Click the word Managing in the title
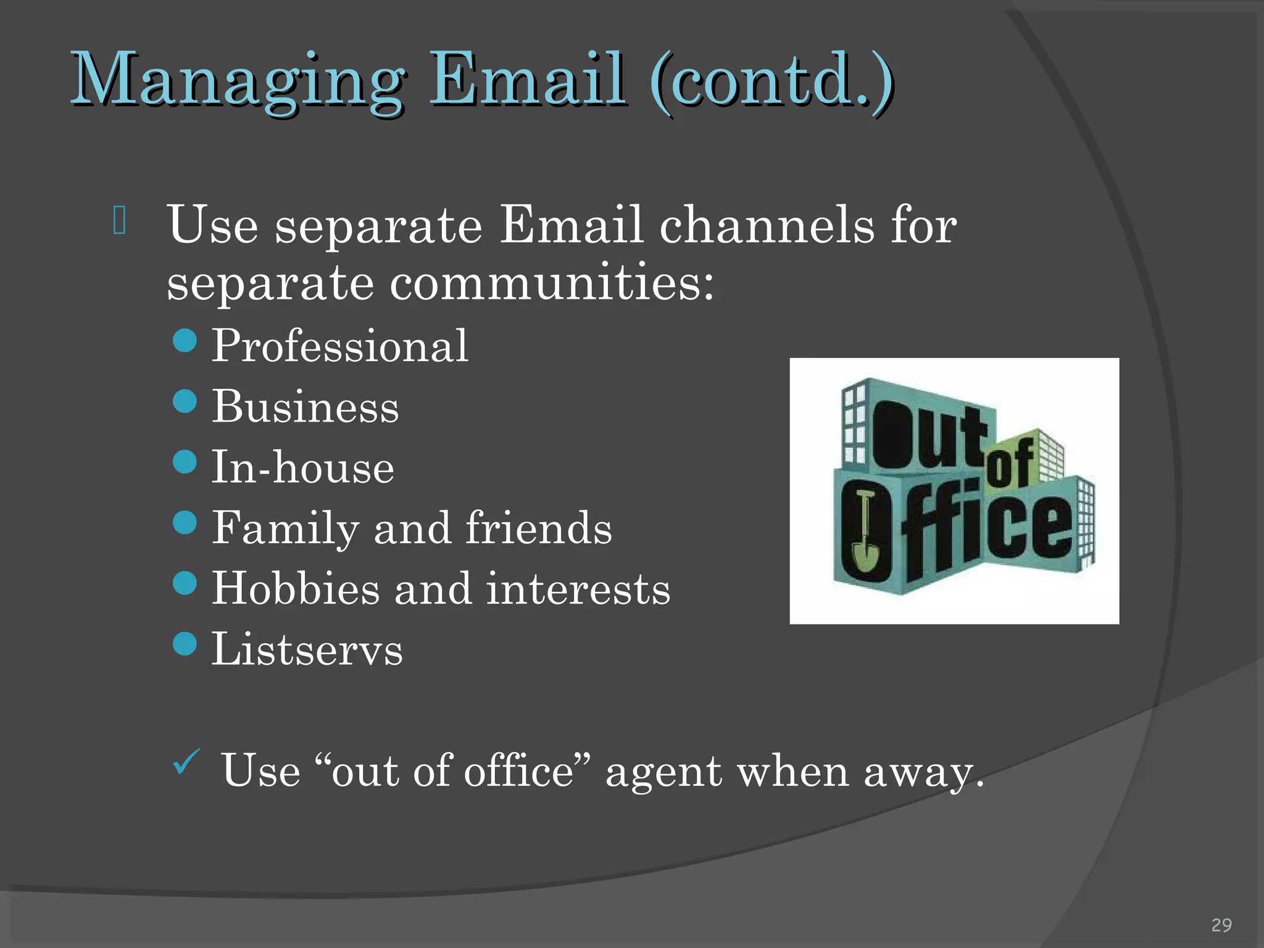pos(238,80)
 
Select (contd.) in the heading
pos(771,80)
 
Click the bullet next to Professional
pos(185,340)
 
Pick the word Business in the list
pos(306,407)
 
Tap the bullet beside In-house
pos(185,461)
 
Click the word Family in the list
pos(285,528)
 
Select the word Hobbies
pos(296,588)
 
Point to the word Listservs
pos(307,649)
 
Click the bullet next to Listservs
pos(185,644)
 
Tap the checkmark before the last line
pos(186,762)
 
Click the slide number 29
pos(1221,925)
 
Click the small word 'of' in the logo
pos(1010,466)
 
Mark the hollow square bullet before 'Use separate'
pos(120,220)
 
